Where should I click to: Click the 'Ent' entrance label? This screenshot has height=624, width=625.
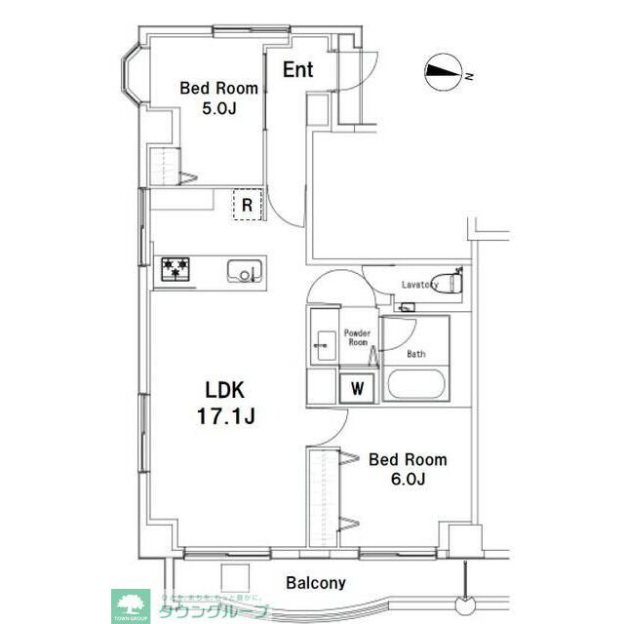298,70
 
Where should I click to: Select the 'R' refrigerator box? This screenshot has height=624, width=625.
248,205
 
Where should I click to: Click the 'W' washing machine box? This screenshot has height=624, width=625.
358,387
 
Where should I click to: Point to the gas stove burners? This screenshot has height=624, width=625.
176,269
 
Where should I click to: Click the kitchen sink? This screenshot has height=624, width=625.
244,270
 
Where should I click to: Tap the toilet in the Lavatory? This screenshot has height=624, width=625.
454,283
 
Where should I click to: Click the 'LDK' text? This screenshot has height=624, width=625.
223,391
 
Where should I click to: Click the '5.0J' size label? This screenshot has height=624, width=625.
217,109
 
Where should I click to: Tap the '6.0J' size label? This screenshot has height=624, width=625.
407,480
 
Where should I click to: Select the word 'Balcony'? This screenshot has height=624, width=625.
316,583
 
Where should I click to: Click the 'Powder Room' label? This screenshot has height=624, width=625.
357,338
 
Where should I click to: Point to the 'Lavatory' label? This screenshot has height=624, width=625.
420,285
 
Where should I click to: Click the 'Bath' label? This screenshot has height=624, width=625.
415,354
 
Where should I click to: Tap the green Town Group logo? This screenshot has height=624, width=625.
129,603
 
